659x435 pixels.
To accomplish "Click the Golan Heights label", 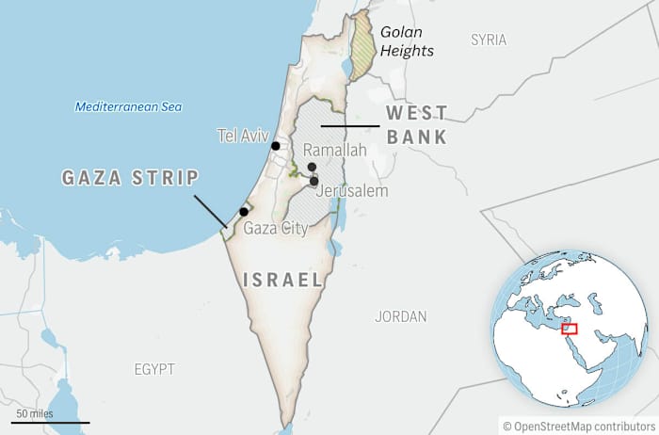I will click(x=407, y=40).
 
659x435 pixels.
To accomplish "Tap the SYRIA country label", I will click(x=489, y=40).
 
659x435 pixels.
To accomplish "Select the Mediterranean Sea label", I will click(x=128, y=106).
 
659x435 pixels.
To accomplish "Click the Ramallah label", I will click(x=334, y=150).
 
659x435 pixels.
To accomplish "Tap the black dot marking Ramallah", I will click(x=312, y=167).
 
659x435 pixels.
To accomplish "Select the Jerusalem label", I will click(x=353, y=191).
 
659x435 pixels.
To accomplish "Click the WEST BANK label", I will click(x=416, y=124).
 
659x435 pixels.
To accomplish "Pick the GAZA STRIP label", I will click(x=130, y=178).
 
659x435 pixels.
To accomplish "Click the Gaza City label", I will click(x=275, y=228).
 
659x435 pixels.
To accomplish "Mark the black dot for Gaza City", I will click(x=244, y=212).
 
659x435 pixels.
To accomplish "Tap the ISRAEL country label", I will click(x=282, y=280).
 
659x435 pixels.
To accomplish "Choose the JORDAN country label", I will click(x=400, y=316).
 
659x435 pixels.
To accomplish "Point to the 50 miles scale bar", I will click(x=37, y=421).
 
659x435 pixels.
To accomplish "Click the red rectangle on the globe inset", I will click(x=570, y=328).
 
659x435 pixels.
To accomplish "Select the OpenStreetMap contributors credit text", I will click(x=578, y=426).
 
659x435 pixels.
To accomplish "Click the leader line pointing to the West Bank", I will click(x=348, y=126).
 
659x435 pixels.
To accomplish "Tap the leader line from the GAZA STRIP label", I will click(x=210, y=211).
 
